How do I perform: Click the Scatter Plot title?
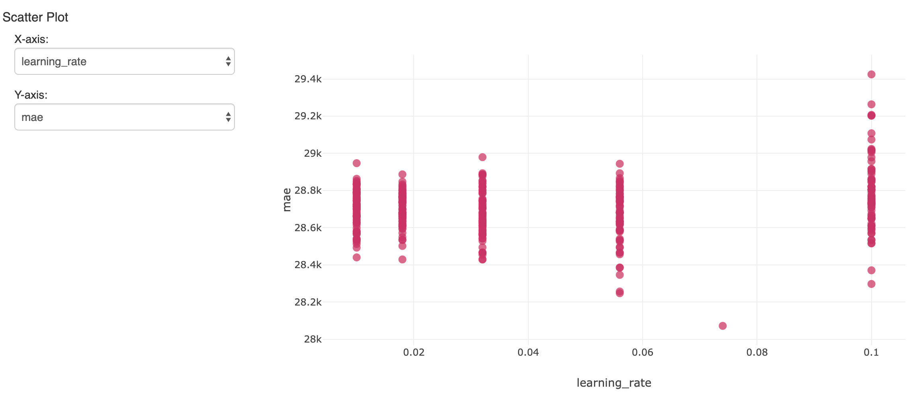coord(35,17)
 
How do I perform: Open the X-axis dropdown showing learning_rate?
coord(124,61)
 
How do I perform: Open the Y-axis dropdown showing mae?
coord(124,117)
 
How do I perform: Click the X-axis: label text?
coord(31,39)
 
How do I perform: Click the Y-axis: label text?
coord(31,95)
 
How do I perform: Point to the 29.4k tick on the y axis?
coord(308,79)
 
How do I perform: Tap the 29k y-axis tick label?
coord(313,153)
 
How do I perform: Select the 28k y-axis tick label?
coord(313,339)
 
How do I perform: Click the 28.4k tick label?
coord(308,265)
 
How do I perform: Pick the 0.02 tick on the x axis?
coord(414,352)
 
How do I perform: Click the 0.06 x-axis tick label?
coord(642,352)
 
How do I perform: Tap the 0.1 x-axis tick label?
coord(871,352)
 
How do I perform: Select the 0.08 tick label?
coord(757,352)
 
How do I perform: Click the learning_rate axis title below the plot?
coord(614,383)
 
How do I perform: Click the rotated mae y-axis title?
coord(287,199)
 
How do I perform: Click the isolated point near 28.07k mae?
coord(723,326)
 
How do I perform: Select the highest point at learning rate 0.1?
coord(871,74)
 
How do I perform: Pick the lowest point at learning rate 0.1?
coord(871,284)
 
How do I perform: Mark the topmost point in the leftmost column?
coord(357,163)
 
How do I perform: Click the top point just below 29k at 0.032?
coord(482,157)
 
